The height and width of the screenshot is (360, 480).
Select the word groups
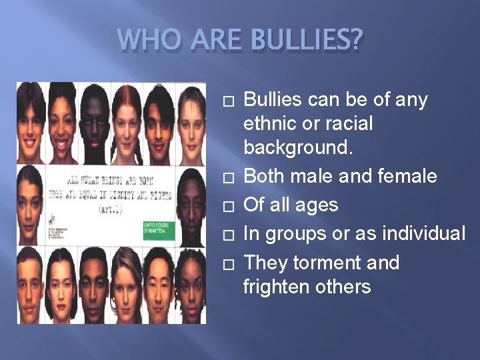click(295, 233)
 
